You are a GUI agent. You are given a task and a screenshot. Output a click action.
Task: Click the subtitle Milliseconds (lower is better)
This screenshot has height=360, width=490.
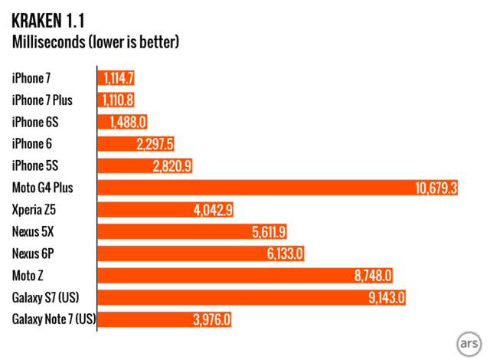(x=96, y=41)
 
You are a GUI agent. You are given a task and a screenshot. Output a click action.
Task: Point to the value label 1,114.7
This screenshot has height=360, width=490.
(x=117, y=77)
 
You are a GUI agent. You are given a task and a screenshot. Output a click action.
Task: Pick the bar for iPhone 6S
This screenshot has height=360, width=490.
(x=122, y=122)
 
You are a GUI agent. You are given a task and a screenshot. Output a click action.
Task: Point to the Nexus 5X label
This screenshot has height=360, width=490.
(x=34, y=231)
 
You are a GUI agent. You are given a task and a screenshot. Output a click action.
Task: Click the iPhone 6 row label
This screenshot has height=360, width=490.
(x=32, y=143)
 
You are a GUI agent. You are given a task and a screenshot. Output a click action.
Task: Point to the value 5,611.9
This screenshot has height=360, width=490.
(x=265, y=231)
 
